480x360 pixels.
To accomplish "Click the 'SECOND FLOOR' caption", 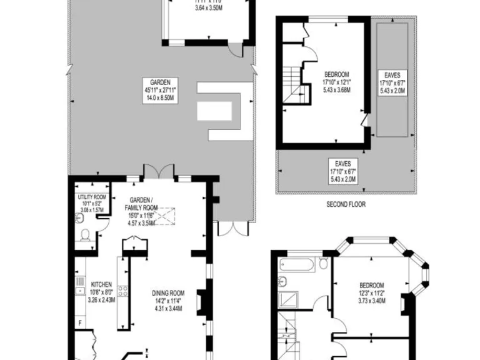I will coord(346,204).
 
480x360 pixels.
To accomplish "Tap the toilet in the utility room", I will coord(86,236).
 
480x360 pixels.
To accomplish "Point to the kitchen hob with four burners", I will coord(123,291).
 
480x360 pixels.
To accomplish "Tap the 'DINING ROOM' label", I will coord(169,292).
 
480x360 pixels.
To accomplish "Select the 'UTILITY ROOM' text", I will coord(92,197).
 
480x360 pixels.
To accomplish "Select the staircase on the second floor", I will coord(292,85).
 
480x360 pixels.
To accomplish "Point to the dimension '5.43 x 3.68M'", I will coord(336,90).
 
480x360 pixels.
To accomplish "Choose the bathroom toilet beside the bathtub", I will coord(323,264).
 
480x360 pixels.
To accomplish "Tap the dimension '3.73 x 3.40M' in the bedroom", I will coord(372,301).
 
